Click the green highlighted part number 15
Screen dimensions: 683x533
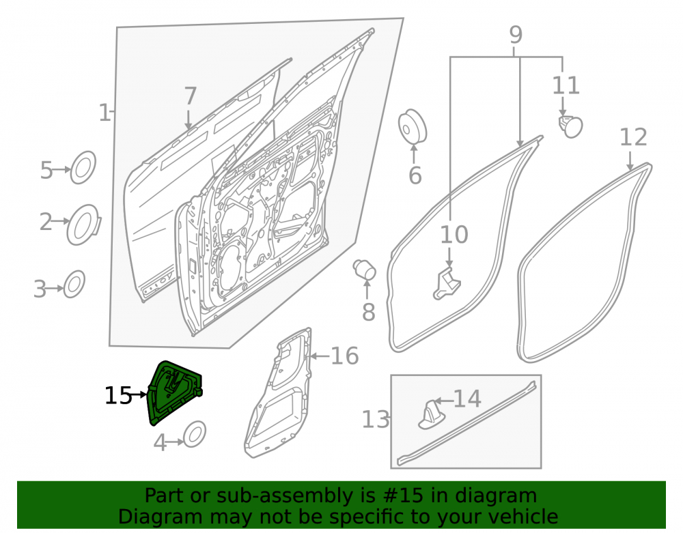click(x=174, y=392)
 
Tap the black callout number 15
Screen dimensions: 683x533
click(x=118, y=396)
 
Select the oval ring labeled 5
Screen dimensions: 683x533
click(x=83, y=167)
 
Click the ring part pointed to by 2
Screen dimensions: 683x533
click(x=83, y=225)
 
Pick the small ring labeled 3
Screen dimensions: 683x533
click(x=74, y=284)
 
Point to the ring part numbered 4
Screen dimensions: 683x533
click(x=194, y=434)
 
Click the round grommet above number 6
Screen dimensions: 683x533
click(x=413, y=126)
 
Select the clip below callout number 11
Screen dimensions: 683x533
click(x=570, y=126)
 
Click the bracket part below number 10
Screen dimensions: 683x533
click(x=446, y=284)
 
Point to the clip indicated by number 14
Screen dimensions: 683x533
click(x=431, y=415)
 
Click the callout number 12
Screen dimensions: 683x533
click(x=633, y=137)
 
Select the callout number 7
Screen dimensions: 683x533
click(x=191, y=96)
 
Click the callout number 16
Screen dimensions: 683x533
click(x=344, y=356)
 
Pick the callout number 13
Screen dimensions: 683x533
click(x=376, y=420)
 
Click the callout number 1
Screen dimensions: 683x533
click(x=104, y=113)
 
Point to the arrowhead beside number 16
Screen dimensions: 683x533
click(x=311, y=356)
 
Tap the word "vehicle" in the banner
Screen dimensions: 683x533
click(x=528, y=517)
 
